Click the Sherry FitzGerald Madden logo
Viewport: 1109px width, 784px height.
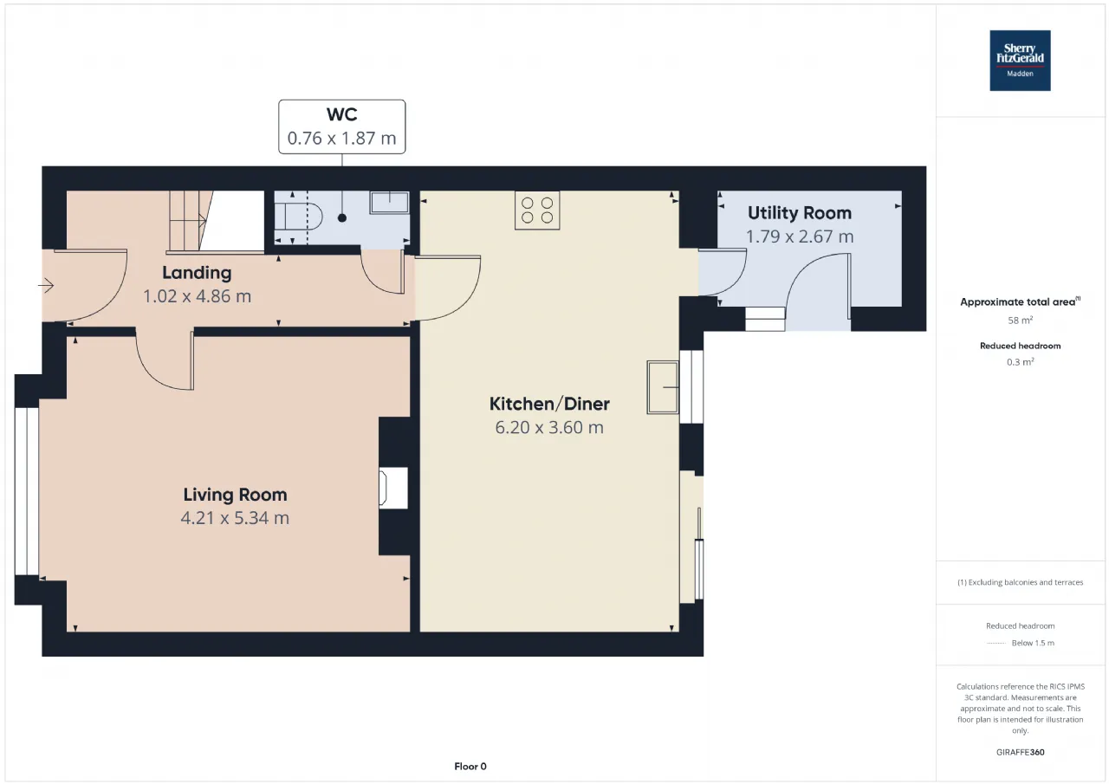tap(1020, 61)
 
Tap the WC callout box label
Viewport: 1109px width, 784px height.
tap(341, 126)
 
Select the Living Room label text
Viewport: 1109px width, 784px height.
tap(235, 495)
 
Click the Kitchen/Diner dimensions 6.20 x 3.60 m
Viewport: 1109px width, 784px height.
tap(549, 427)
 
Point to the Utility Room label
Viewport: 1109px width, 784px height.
tap(800, 213)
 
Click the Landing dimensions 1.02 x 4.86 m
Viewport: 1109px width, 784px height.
tap(197, 296)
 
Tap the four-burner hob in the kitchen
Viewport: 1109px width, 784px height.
tap(537, 211)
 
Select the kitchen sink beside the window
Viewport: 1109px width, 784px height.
tap(663, 387)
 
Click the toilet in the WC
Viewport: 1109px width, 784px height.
tap(299, 217)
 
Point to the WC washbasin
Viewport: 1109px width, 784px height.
tap(390, 203)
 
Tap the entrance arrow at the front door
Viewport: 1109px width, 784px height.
tap(46, 286)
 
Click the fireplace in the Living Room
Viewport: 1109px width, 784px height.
tap(393, 488)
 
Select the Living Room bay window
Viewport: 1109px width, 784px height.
tap(27, 491)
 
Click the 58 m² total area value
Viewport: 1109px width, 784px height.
tap(1020, 321)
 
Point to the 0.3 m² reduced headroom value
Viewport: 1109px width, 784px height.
tap(1020, 362)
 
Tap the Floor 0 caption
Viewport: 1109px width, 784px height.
tap(470, 766)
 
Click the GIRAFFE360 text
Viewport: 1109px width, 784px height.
tap(1020, 752)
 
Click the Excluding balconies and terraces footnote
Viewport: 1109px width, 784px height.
tap(1020, 582)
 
